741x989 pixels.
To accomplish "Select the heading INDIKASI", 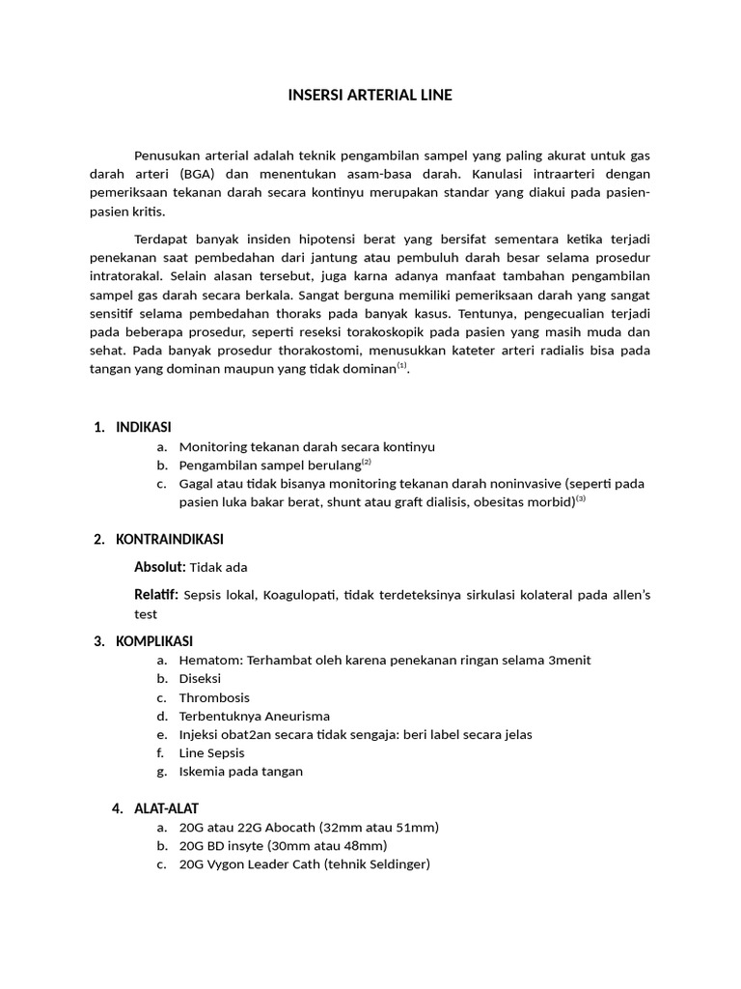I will coord(144,427).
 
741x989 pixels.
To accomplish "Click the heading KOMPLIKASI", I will coord(154,641).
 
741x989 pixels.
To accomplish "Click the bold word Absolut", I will coord(158,567).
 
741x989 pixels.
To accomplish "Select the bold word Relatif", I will coord(155,594).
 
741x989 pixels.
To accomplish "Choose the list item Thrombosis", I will coord(214,697).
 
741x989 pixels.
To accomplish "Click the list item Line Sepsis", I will coord(212,752).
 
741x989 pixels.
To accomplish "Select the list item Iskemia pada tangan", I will coord(241,771).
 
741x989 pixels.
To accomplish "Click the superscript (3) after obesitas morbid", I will coord(581,499).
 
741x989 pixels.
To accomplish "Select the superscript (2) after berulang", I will coord(366,463).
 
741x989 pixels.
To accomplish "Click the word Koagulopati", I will coord(296,595).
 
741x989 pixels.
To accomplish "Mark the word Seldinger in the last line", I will coord(396,864).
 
